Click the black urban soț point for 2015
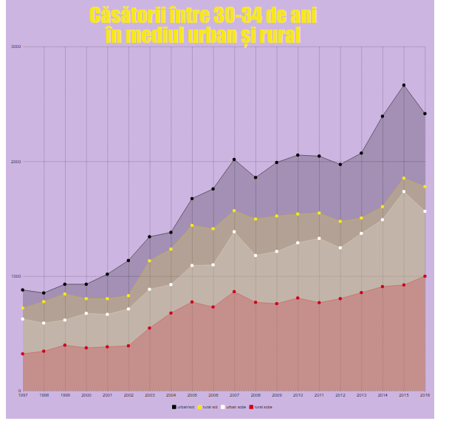(404, 86)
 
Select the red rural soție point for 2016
(425, 276)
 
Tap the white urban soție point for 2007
(234, 232)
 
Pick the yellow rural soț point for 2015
(404, 178)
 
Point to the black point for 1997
(23, 290)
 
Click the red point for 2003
(149, 328)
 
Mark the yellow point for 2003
(149, 261)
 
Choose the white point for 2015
(404, 191)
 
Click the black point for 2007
(234, 160)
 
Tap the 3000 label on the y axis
(16, 47)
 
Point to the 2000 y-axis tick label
(16, 162)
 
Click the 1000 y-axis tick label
(16, 276)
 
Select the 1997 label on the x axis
(23, 396)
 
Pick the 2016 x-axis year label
(425, 396)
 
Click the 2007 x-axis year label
(234, 396)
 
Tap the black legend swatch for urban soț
(174, 407)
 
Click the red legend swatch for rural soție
(252, 407)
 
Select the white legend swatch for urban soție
(224, 407)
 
